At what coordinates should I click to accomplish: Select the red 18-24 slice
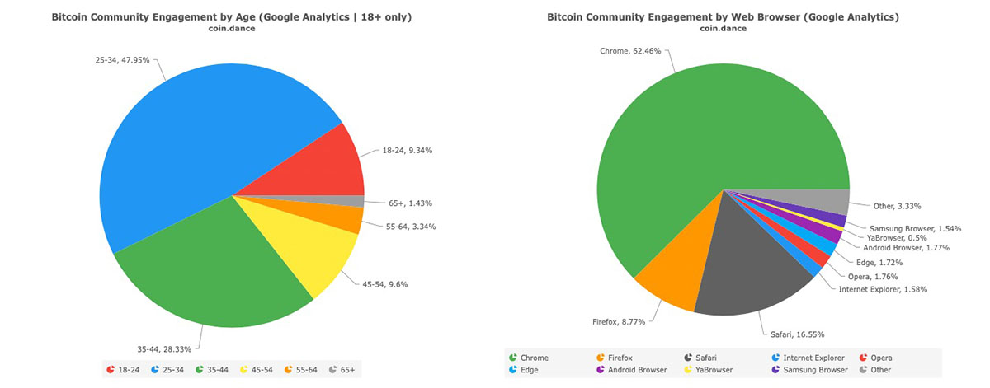[x=330, y=165]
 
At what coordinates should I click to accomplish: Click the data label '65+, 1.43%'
[x=410, y=203]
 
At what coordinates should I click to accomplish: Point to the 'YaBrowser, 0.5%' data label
[x=898, y=237]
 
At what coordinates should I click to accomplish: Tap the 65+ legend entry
[x=341, y=370]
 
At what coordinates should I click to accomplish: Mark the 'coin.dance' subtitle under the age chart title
[x=231, y=28]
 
